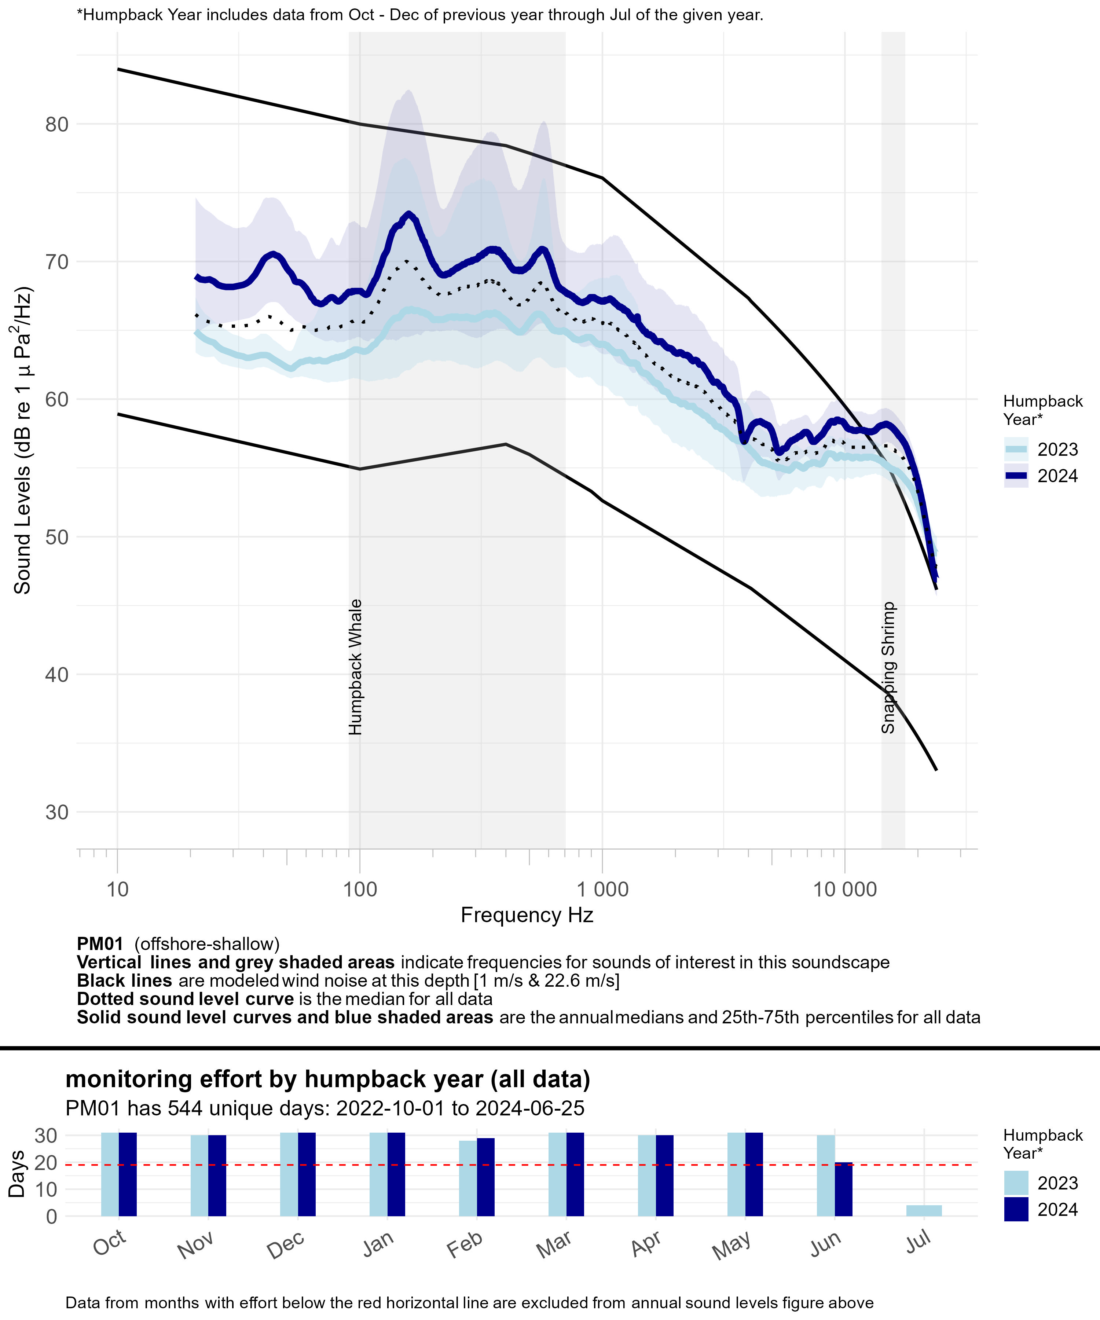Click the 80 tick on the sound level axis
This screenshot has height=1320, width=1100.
[x=56, y=124]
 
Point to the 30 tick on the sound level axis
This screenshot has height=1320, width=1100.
[x=56, y=812]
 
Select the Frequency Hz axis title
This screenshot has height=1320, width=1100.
[x=527, y=915]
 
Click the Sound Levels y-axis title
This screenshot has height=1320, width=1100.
[x=23, y=440]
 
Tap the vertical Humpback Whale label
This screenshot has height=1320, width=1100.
[x=356, y=666]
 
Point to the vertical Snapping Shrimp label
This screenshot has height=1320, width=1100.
[x=888, y=668]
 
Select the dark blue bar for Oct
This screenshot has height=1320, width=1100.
[x=128, y=1174]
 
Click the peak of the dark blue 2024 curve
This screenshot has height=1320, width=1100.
[x=409, y=215]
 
